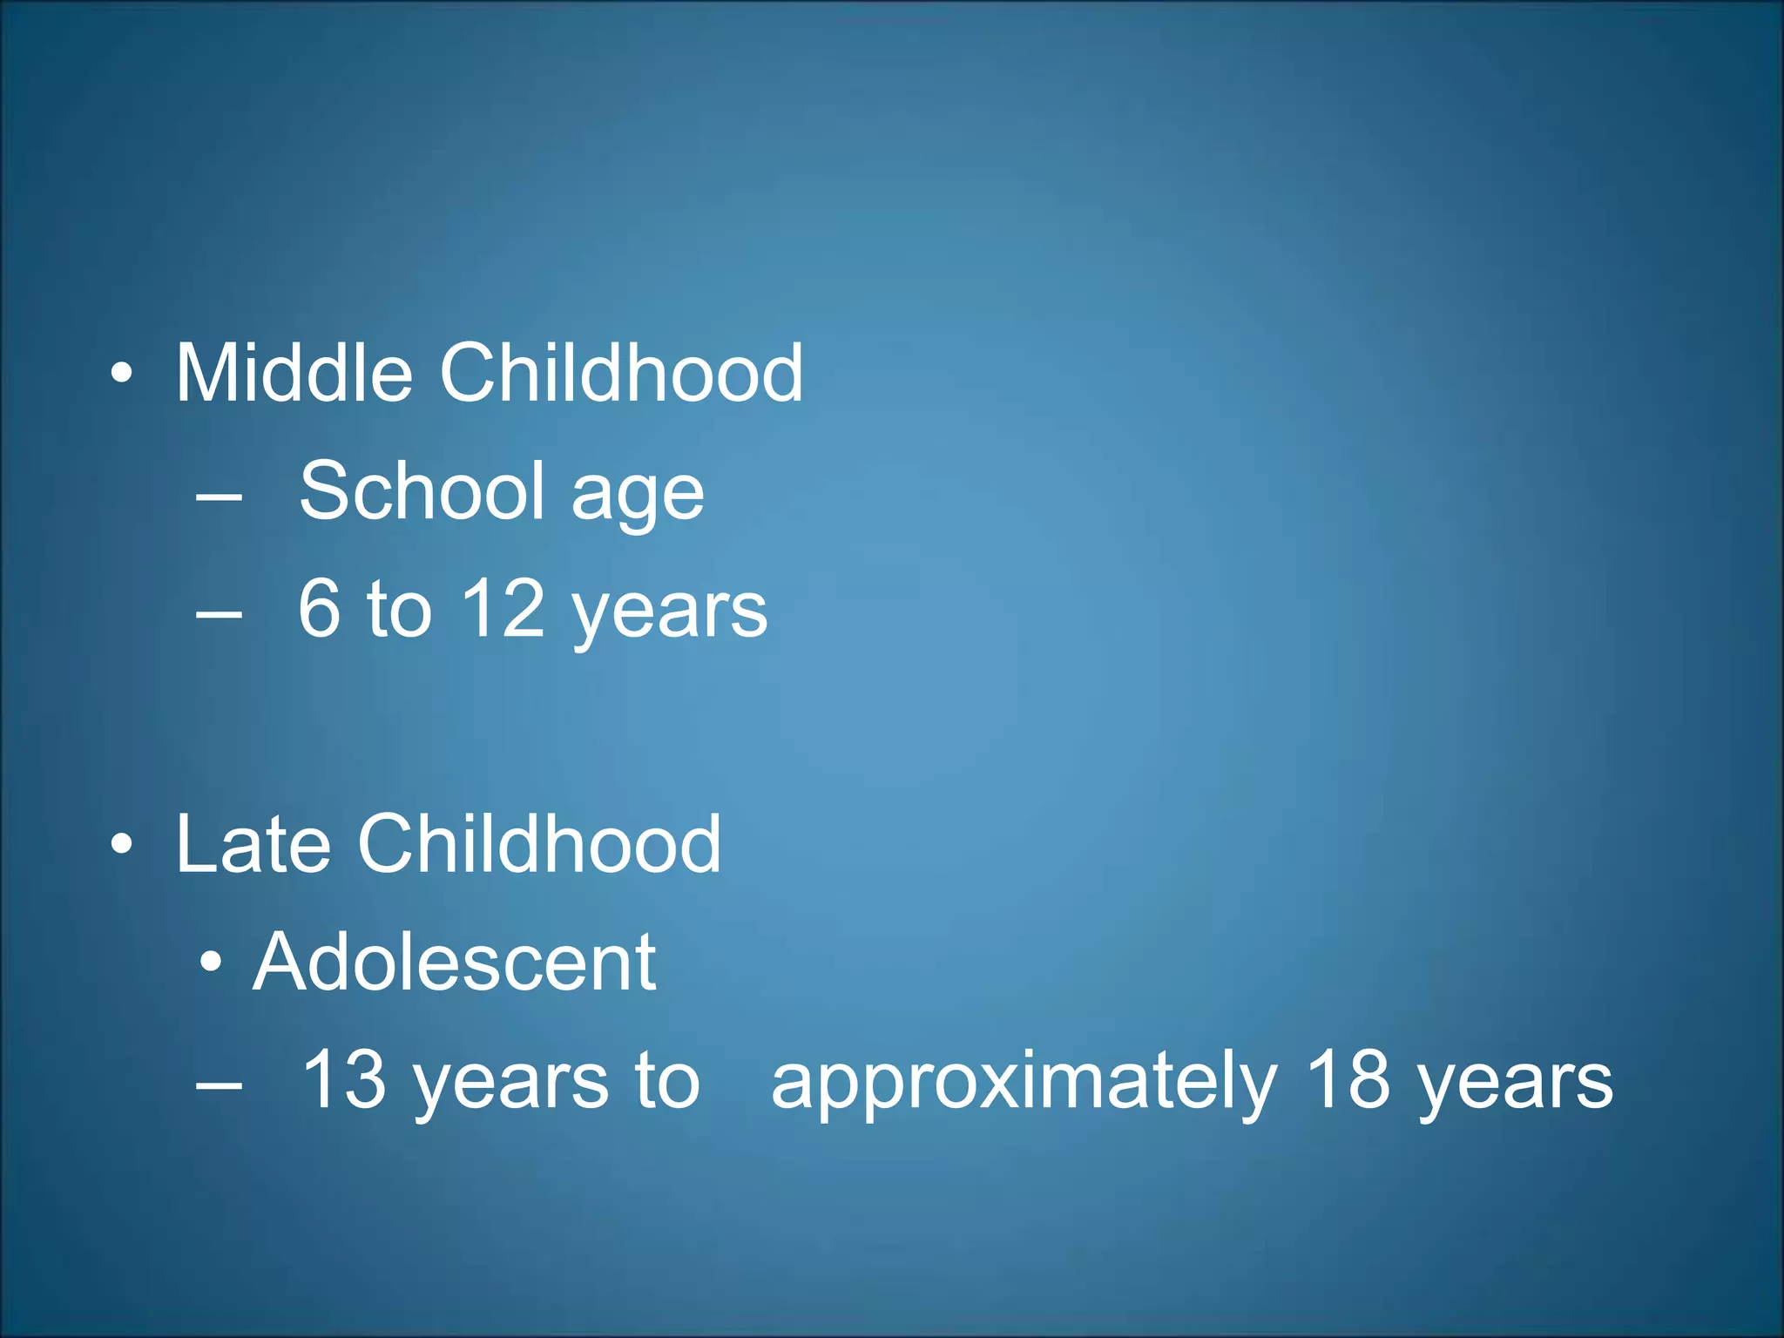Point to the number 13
pyautogui.click(x=343, y=1079)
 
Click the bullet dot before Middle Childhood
pyautogui.click(x=122, y=375)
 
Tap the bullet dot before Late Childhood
pyautogui.click(x=122, y=844)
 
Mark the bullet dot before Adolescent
pyautogui.click(x=211, y=963)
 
